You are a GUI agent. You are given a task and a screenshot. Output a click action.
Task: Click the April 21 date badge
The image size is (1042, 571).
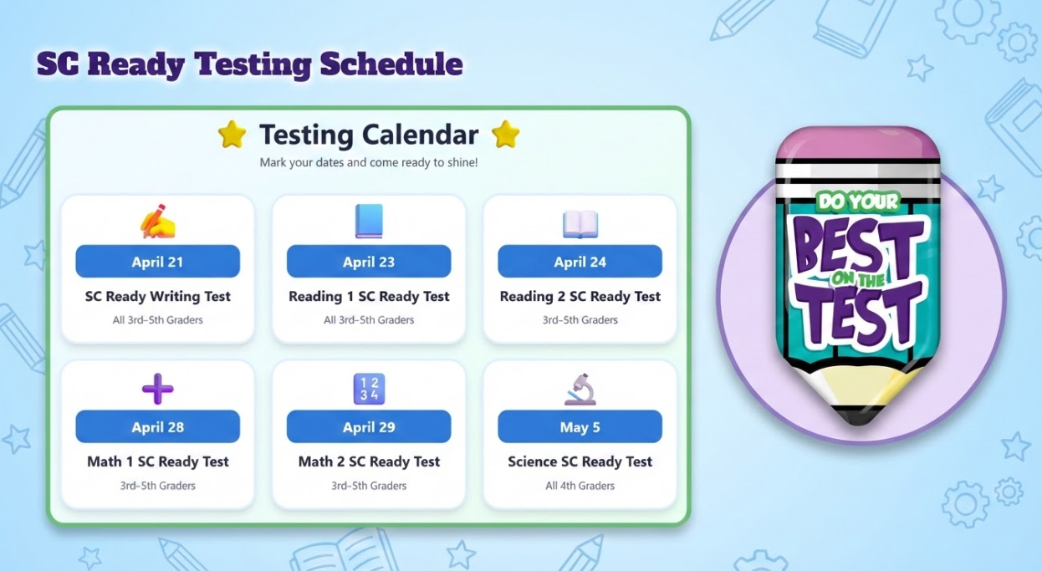click(x=157, y=262)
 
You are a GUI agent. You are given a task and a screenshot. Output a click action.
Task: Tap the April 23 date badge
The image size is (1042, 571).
click(x=369, y=262)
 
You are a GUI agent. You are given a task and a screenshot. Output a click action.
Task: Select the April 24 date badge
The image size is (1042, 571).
click(x=580, y=262)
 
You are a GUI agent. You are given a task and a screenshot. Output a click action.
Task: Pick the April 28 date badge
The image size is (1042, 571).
click(x=157, y=427)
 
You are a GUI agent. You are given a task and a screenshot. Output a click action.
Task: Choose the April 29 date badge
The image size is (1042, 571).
click(x=369, y=427)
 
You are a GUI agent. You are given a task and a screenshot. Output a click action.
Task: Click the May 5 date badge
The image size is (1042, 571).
click(x=580, y=427)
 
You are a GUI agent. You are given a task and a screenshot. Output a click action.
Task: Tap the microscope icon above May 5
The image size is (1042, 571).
click(x=580, y=390)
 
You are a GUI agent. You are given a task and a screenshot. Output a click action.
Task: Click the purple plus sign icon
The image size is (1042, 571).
click(x=157, y=389)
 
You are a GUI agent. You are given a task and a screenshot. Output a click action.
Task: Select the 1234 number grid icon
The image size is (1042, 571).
click(x=369, y=389)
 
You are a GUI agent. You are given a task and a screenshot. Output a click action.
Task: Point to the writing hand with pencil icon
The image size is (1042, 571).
click(x=158, y=222)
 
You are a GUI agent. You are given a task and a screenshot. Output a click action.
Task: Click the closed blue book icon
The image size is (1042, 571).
click(x=369, y=222)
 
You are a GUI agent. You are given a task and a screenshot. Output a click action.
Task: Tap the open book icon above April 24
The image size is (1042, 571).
click(x=580, y=223)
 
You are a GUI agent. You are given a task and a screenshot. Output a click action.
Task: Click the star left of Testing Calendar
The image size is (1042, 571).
click(x=232, y=135)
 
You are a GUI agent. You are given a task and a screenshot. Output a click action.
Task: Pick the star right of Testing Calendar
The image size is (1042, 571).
click(x=505, y=135)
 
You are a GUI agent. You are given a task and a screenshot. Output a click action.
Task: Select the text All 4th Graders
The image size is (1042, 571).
click(x=580, y=486)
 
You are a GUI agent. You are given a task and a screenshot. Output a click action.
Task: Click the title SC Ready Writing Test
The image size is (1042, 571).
click(x=157, y=297)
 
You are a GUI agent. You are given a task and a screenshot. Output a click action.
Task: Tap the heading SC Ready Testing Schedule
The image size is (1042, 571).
click(x=249, y=64)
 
